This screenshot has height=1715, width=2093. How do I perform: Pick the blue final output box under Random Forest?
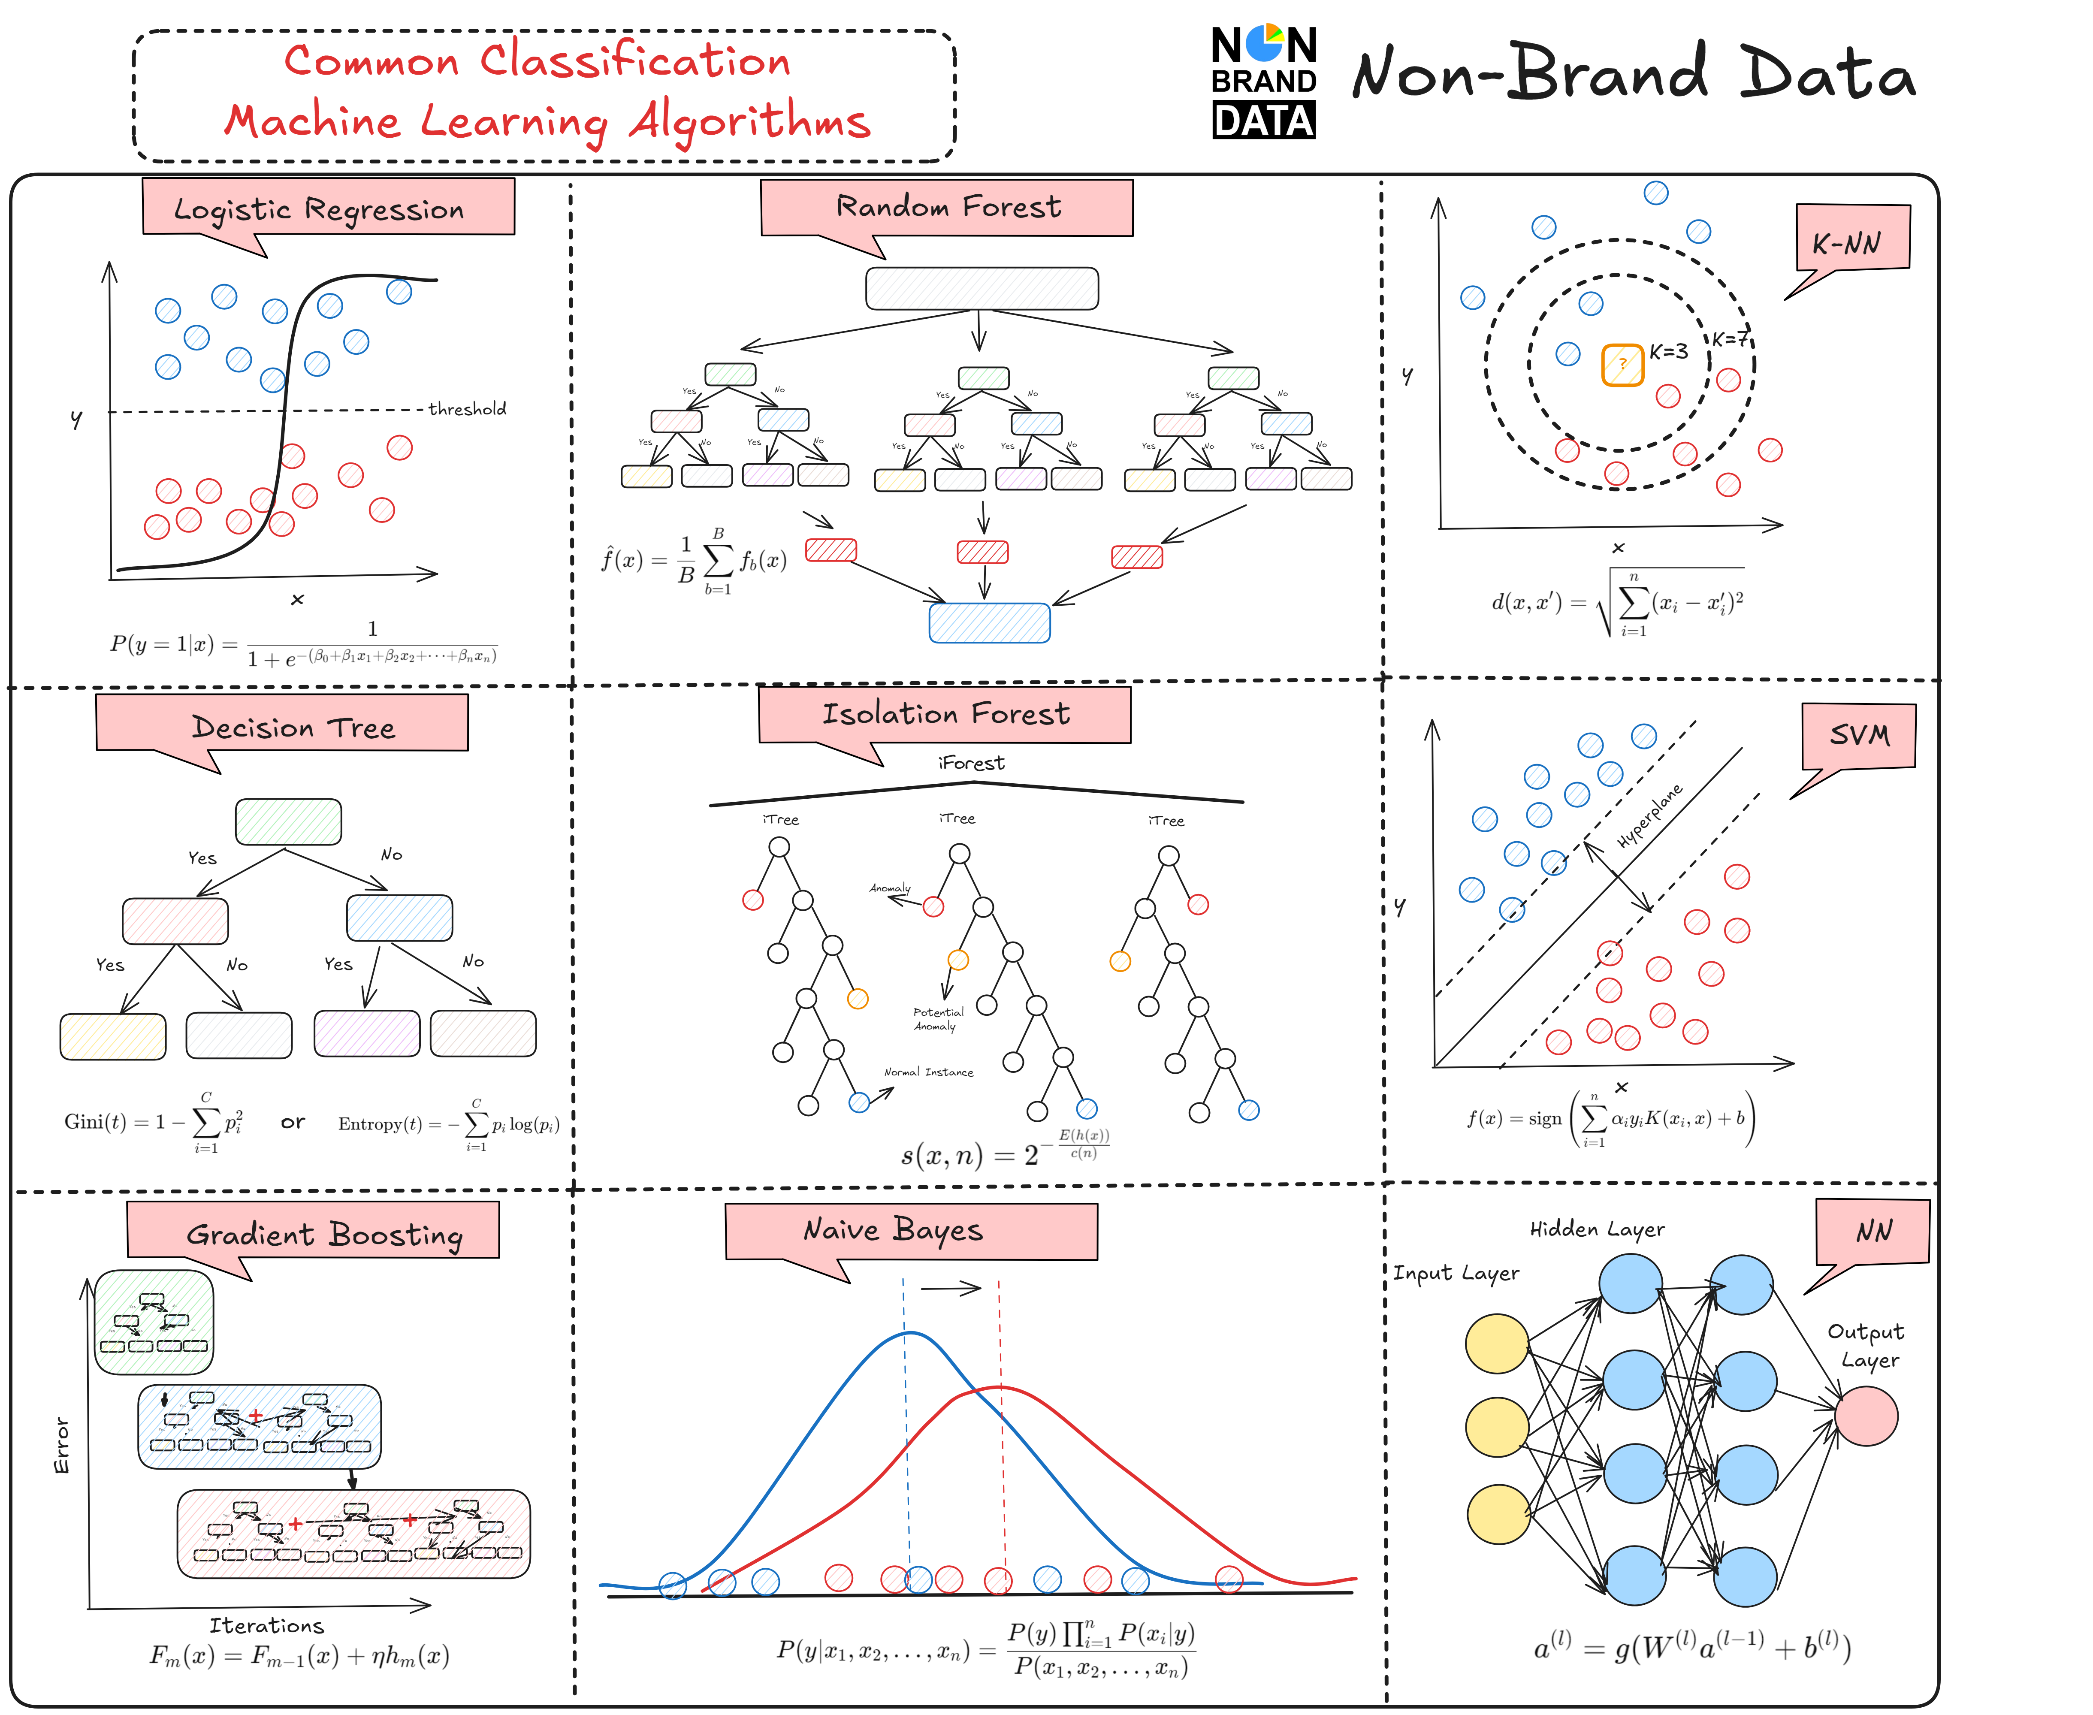[x=989, y=622]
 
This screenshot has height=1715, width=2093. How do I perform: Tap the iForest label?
[x=971, y=763]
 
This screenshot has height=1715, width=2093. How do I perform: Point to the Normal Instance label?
[x=928, y=1072]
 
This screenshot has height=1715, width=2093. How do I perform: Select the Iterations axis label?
[x=267, y=1625]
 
